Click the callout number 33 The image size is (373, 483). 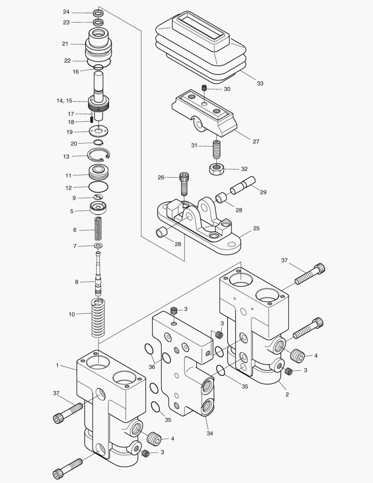coord(260,84)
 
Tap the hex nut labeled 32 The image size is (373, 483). coord(216,169)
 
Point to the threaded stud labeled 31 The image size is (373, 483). coord(216,148)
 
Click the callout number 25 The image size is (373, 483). coord(256,229)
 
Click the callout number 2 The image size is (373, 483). coord(287,394)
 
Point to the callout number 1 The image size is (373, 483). coord(57,365)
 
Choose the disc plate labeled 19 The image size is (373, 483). coord(99,131)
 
